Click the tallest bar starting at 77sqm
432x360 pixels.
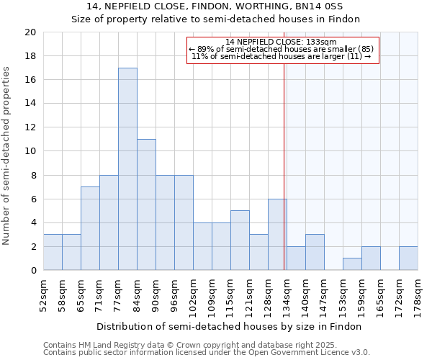pyautogui.click(x=127, y=169)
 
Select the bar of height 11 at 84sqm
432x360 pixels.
pyautogui.click(x=146, y=204)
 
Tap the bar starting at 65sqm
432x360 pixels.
pyautogui.click(x=90, y=228)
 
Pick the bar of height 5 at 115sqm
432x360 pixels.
pyautogui.click(x=240, y=240)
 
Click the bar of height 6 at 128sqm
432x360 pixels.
pyautogui.click(x=277, y=235)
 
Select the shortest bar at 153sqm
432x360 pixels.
pyautogui.click(x=352, y=264)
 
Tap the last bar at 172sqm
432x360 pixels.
pyautogui.click(x=408, y=258)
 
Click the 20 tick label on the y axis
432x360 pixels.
pyautogui.click(x=30, y=32)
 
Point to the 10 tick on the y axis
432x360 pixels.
pyautogui.click(x=30, y=151)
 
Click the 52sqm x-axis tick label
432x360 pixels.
pyautogui.click(x=43, y=296)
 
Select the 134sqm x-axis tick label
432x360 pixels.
pyautogui.click(x=287, y=296)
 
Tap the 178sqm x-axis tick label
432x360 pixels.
pyautogui.click(x=418, y=296)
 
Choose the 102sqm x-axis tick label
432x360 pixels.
pyautogui.click(x=193, y=296)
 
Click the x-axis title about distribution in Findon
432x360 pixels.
pyautogui.click(x=229, y=326)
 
